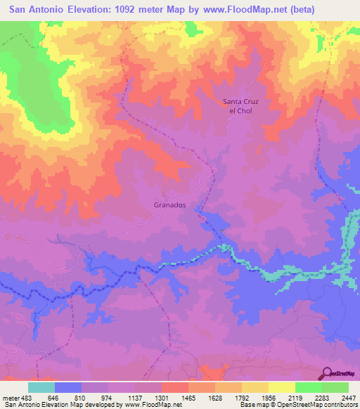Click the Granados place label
(169, 204)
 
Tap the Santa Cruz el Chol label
(241, 106)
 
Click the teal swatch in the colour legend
(41, 387)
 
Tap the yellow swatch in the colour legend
(281, 387)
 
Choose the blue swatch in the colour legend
(68, 387)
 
